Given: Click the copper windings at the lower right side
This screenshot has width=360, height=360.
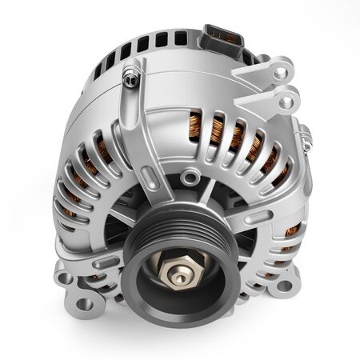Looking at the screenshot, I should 288,232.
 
